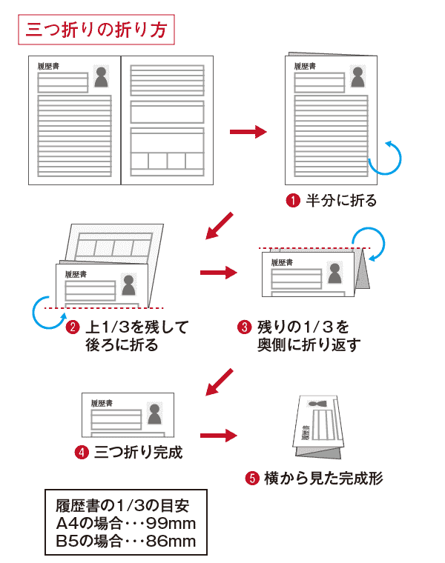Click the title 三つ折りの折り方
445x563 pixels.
[97, 30]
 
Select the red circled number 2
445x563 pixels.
[73, 327]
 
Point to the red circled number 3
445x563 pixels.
[244, 327]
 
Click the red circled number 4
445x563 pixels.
[82, 452]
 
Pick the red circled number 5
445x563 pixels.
[251, 478]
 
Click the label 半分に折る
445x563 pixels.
[342, 200]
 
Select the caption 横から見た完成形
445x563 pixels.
[323, 478]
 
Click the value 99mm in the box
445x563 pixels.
[170, 524]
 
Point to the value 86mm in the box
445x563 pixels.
[171, 541]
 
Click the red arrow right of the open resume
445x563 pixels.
[248, 132]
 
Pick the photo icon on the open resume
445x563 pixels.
[102, 76]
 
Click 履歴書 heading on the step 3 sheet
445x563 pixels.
[283, 261]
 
